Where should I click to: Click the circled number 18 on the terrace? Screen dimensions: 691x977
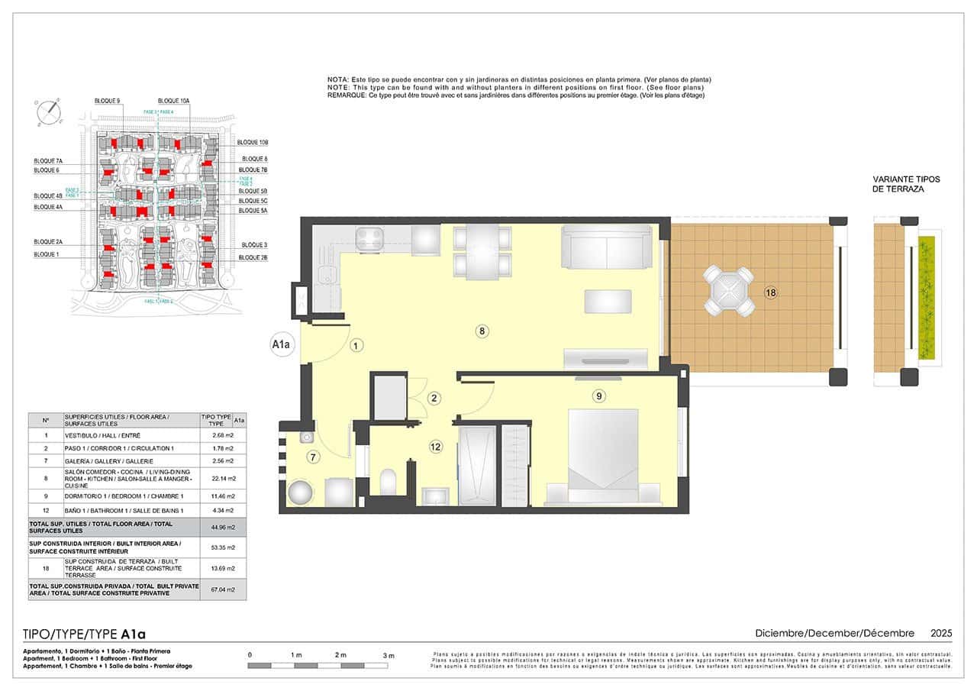[770, 292]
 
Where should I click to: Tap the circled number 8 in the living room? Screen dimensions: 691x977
[482, 331]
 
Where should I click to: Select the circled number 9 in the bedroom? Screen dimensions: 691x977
[599, 396]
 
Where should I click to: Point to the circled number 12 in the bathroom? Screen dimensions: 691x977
[436, 447]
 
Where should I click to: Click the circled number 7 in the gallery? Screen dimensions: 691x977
[312, 457]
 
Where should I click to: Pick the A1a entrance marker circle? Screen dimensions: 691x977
[282, 344]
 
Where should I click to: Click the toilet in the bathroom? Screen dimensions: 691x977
[388, 482]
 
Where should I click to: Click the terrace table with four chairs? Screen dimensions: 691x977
[728, 291]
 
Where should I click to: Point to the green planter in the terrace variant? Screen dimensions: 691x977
[926, 298]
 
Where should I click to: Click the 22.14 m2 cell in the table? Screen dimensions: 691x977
[216, 479]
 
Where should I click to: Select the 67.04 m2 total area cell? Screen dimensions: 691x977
[216, 589]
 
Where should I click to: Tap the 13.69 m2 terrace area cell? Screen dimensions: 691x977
[216, 569]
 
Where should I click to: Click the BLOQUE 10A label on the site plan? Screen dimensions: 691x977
[174, 101]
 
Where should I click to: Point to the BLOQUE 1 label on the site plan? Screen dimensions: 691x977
[47, 254]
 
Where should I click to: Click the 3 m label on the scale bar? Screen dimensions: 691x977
[389, 656]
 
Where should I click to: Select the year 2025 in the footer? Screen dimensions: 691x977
[941, 633]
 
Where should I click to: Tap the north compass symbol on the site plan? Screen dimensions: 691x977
[48, 111]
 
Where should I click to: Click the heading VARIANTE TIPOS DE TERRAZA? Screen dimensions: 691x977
[907, 184]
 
